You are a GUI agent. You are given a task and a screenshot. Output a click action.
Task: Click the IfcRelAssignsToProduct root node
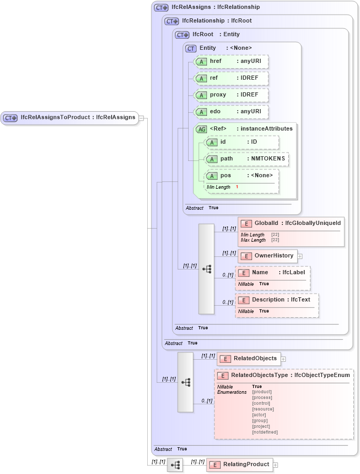point(69,117)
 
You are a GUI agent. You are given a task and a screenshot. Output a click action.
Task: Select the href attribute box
point(231,61)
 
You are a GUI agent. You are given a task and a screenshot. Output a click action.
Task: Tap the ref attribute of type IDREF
point(231,78)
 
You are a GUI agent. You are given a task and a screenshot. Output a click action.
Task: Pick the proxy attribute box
point(231,95)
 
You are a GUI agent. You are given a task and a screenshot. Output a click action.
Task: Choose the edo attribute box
point(231,112)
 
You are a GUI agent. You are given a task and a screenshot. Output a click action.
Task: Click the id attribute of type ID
point(241,142)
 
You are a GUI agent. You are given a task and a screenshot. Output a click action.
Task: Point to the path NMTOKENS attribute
point(246,159)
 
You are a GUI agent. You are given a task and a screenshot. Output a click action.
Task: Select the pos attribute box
point(241,176)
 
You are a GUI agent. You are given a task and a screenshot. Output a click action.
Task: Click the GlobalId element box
point(291,224)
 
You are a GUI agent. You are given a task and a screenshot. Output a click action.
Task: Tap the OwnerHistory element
point(268,256)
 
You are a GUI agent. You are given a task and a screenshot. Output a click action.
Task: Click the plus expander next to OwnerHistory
point(300,256)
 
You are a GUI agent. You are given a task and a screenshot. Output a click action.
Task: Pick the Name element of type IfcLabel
point(272,273)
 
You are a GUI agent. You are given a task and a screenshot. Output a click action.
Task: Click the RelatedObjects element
point(249,359)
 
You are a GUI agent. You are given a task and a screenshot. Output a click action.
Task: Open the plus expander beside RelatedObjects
point(283,359)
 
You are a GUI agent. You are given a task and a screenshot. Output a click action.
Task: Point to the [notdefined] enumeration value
point(265,432)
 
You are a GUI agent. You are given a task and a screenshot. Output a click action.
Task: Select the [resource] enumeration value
point(263,409)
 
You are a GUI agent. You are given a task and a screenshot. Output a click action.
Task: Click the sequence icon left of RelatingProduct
point(175,465)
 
